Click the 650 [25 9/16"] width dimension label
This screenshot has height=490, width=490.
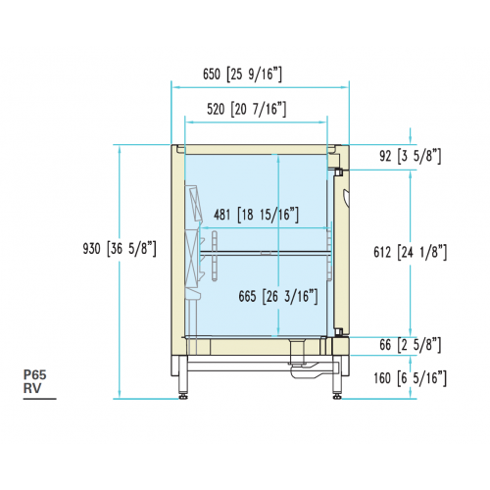(x=242, y=74)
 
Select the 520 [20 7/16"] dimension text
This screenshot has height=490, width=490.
(x=246, y=109)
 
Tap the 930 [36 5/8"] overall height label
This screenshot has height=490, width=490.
(x=120, y=249)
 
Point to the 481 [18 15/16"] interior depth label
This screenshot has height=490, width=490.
(x=256, y=215)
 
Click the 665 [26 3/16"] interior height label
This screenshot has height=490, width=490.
(x=278, y=297)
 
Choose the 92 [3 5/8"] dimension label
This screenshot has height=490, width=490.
(x=410, y=156)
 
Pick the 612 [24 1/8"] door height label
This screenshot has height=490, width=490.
(x=410, y=252)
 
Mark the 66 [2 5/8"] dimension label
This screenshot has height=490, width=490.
(x=410, y=345)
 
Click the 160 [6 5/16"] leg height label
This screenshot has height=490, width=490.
(x=410, y=378)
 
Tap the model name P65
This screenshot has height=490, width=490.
(x=35, y=374)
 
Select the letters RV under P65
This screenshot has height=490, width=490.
(x=32, y=388)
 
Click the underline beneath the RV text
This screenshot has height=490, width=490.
(x=39, y=399)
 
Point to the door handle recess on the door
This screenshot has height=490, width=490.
(x=346, y=197)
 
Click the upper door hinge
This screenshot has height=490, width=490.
(x=338, y=171)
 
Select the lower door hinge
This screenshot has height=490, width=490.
(x=338, y=332)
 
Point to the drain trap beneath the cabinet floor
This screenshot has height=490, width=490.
(x=302, y=361)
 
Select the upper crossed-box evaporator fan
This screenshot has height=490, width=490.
(x=194, y=203)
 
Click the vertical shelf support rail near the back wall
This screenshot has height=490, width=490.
(x=215, y=256)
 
